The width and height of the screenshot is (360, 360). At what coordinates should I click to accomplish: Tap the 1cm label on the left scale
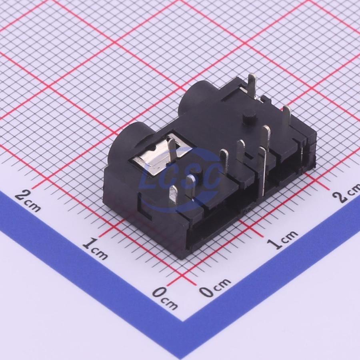(95, 249)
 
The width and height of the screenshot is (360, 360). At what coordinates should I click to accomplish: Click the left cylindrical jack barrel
(128, 147)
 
